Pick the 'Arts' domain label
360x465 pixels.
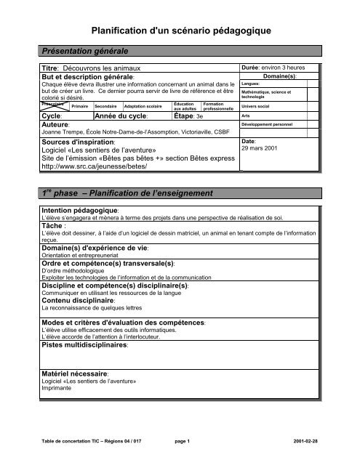(247, 116)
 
